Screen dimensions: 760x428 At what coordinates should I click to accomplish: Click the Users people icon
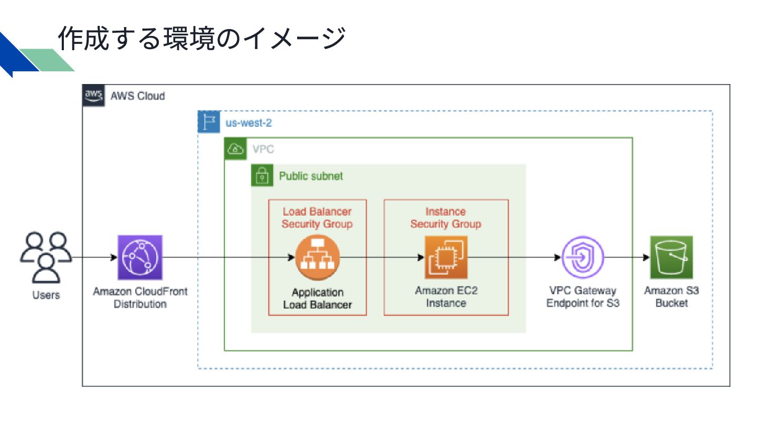coord(46,257)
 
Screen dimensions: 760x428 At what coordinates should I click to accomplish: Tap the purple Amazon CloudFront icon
coord(140,257)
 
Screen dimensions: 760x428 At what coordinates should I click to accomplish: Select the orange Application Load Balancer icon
coord(317,257)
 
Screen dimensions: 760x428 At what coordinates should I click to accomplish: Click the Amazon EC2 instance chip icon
coord(446,257)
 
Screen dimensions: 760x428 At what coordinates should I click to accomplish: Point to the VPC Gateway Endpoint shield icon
coord(583,257)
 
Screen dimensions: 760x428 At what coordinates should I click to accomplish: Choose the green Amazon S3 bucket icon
coord(671,257)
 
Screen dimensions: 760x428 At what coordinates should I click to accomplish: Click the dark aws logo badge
coord(93,96)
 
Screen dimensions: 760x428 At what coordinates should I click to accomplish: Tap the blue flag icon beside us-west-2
coord(209,122)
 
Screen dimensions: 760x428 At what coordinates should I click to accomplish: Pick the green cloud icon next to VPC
coord(235,149)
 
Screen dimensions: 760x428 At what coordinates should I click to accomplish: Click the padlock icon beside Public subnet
coord(262,175)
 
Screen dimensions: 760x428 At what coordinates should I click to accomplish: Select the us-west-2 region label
coord(249,123)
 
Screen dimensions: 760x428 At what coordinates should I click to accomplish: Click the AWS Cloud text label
coord(138,96)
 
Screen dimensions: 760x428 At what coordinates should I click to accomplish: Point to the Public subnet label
coord(311,176)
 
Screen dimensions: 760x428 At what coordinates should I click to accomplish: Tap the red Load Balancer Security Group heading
coord(317,218)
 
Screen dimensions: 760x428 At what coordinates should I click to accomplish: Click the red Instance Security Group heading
coord(446,218)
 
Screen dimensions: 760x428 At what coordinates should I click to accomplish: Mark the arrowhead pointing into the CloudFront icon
coord(114,257)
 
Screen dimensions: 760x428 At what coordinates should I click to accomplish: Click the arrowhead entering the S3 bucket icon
coord(646,257)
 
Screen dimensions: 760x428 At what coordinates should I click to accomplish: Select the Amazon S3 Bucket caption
coord(671,296)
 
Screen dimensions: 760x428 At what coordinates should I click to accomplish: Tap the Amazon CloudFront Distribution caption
coord(140,297)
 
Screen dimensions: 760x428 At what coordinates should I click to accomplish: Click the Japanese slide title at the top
coord(202,38)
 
